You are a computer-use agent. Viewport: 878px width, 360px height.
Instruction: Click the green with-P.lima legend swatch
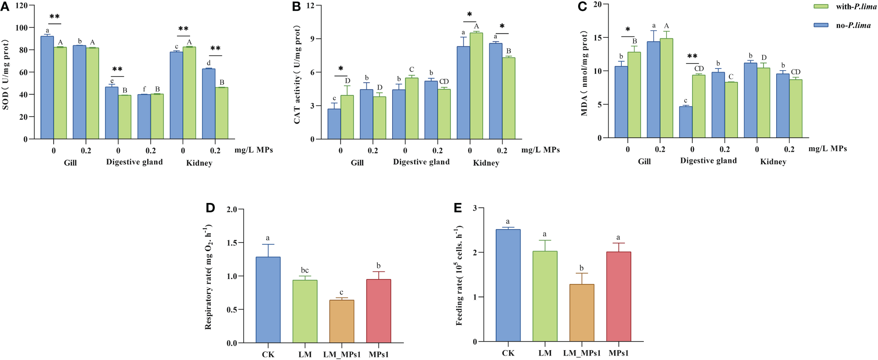pos(821,7)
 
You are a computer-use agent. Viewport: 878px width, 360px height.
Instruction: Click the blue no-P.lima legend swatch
pos(821,25)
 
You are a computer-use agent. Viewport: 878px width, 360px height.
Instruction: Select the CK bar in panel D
pos(268,300)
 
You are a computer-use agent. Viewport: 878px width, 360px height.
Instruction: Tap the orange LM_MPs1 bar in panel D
pos(341,321)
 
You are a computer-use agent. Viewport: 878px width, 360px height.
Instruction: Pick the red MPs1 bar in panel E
pos(619,297)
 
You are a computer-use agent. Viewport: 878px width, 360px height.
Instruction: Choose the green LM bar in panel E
pos(545,296)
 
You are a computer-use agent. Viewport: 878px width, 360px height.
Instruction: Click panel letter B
pos(296,7)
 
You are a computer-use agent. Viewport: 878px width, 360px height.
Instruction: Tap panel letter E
pos(458,207)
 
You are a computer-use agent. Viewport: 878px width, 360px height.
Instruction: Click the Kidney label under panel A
pos(199,163)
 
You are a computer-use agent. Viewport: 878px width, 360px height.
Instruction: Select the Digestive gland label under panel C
pos(708,161)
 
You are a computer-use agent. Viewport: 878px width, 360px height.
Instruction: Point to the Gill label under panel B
pos(357,163)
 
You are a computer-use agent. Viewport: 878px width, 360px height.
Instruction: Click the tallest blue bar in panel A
pos(47,88)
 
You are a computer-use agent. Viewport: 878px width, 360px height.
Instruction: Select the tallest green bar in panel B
pos(476,86)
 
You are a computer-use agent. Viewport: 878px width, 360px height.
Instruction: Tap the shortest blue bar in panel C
pos(686,122)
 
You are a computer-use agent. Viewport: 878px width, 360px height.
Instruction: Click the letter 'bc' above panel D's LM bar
pos(305,270)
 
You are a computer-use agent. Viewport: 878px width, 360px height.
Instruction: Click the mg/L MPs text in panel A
pos(253,150)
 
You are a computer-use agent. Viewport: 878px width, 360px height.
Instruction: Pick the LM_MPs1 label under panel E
pos(582,353)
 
